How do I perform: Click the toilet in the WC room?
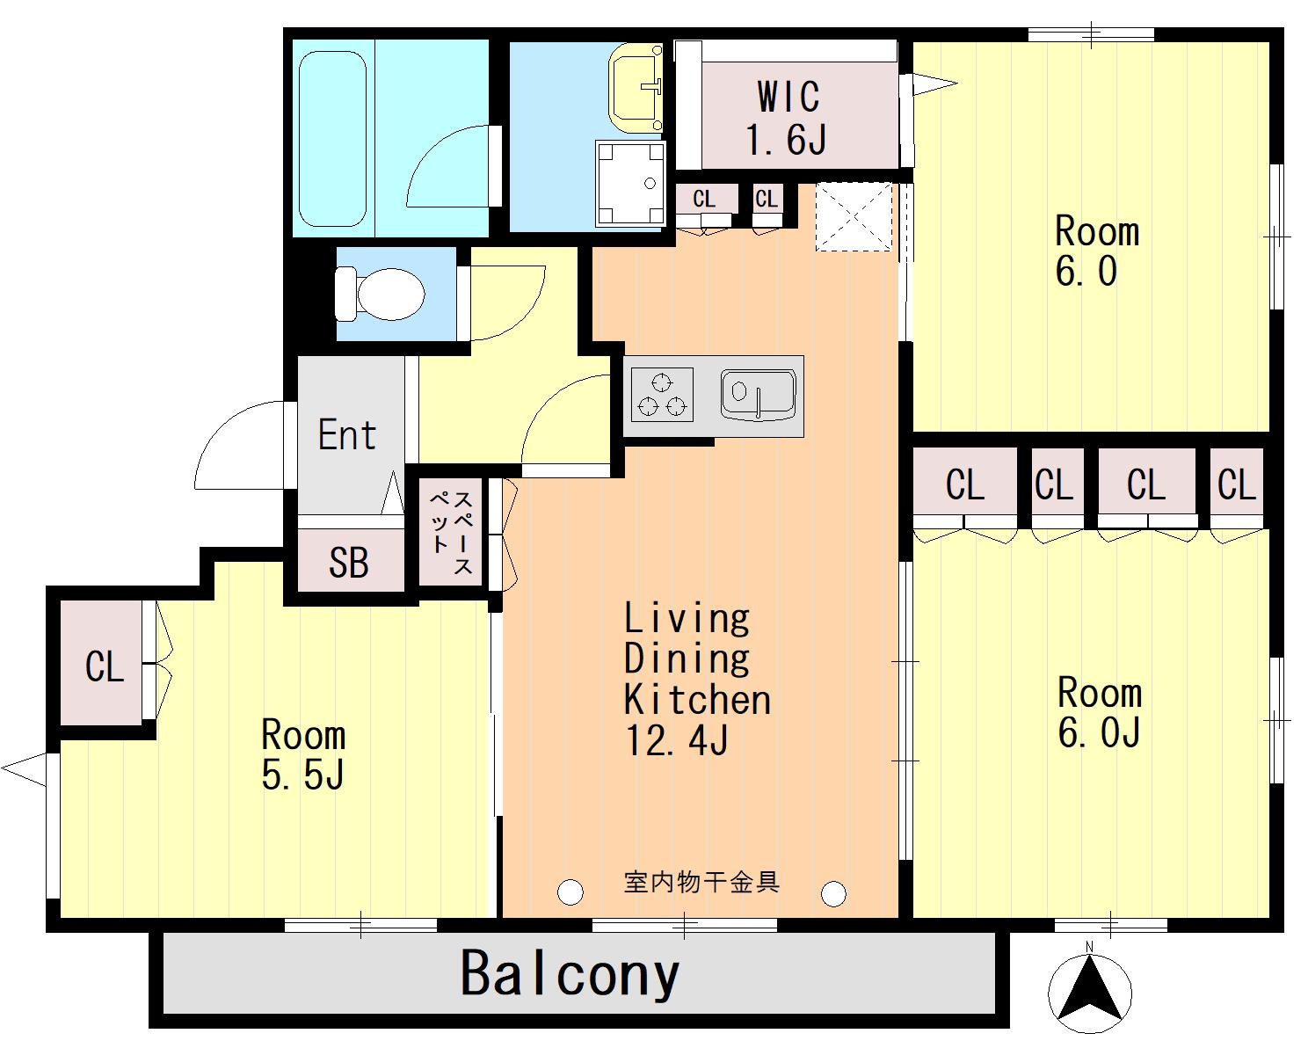381,295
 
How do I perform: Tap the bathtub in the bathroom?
332,139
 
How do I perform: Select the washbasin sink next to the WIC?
636,87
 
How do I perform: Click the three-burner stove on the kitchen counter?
662,395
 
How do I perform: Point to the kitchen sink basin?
758,395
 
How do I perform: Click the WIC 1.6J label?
787,118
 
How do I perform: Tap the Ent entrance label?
347,434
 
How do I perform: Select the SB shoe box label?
349,562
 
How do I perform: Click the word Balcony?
570,975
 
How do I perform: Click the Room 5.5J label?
303,754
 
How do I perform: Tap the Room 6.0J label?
1100,712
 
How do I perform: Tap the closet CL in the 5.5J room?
105,666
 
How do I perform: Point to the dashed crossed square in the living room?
854,217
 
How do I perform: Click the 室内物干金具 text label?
701,882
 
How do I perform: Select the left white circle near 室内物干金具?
570,892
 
